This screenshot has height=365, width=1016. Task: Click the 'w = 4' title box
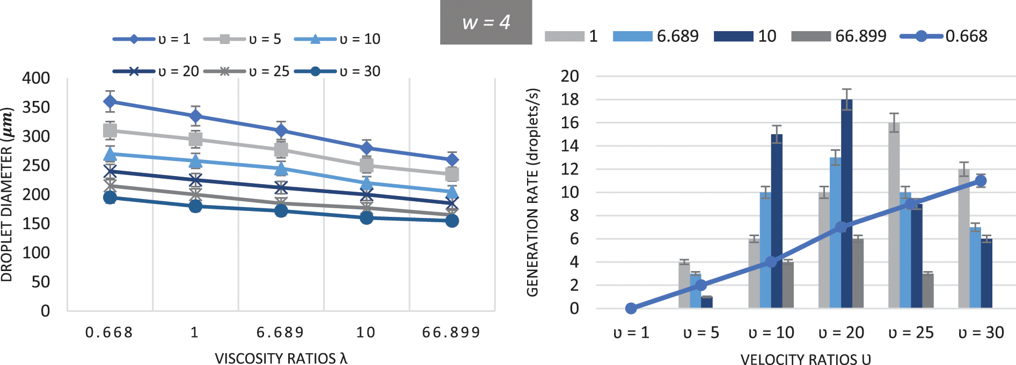click(x=486, y=23)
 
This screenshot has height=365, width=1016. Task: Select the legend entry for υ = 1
click(x=151, y=39)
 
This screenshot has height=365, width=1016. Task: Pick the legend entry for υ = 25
click(x=246, y=71)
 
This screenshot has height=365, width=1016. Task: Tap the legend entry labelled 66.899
click(x=838, y=36)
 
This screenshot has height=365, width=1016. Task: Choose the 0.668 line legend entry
click(x=944, y=36)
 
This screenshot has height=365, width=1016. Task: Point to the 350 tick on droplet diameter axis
click(x=36, y=107)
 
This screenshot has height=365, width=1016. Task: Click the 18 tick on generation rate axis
click(x=569, y=99)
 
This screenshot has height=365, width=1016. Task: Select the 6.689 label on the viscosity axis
click(x=280, y=333)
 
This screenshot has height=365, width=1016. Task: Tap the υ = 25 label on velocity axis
click(x=911, y=333)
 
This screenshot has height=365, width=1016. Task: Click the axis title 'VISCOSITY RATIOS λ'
click(x=281, y=359)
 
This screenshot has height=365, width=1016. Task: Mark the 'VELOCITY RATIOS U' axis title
click(x=806, y=359)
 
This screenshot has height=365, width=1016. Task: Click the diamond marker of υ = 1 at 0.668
click(x=110, y=101)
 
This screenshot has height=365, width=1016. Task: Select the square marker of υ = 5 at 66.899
click(x=452, y=174)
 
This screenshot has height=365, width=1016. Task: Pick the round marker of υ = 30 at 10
click(x=367, y=217)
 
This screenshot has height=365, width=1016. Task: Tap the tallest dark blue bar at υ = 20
click(x=846, y=204)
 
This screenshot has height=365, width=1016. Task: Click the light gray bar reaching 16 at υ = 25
click(x=894, y=215)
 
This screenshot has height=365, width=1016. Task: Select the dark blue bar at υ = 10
click(x=777, y=221)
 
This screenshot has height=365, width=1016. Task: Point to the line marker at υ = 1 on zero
click(x=631, y=308)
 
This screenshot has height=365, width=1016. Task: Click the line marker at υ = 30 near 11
click(x=981, y=181)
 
